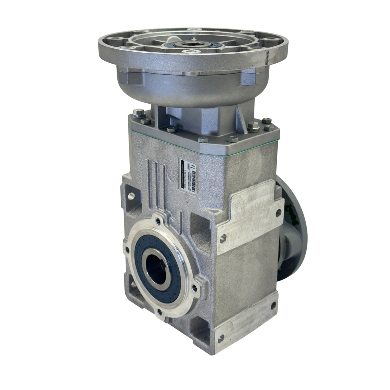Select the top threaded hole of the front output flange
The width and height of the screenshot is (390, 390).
(157, 220)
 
